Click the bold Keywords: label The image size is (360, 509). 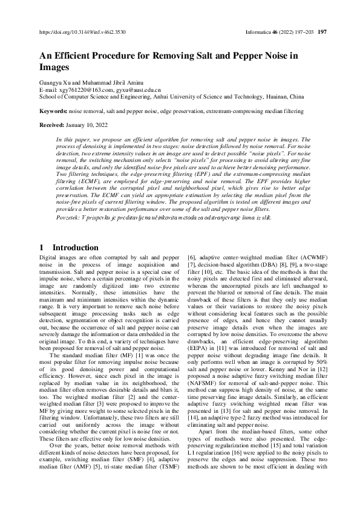[53, 111]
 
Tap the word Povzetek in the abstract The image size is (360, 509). [69, 216]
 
